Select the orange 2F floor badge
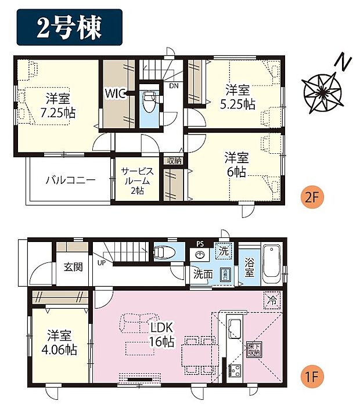tap(312, 197)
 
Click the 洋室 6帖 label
tap(237, 164)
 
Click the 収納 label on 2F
tap(174, 161)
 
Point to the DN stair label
tap(174, 86)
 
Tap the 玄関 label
tap(73, 267)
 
